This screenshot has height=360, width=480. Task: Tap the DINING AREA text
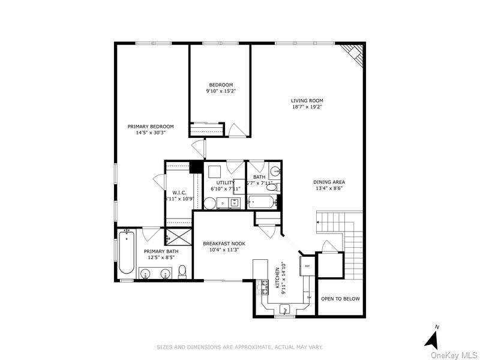329,182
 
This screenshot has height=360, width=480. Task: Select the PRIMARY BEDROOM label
151,126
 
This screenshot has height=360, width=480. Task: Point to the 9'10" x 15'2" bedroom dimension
221,91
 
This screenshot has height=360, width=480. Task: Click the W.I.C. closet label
180,192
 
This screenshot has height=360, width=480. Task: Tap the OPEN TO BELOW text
340,298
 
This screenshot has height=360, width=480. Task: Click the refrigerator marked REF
308,266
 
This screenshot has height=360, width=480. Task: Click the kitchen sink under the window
286,309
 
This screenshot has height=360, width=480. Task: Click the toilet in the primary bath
182,272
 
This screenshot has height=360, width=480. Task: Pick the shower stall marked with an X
179,236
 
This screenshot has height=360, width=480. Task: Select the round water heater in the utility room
209,203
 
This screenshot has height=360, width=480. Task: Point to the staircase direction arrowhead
317,223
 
